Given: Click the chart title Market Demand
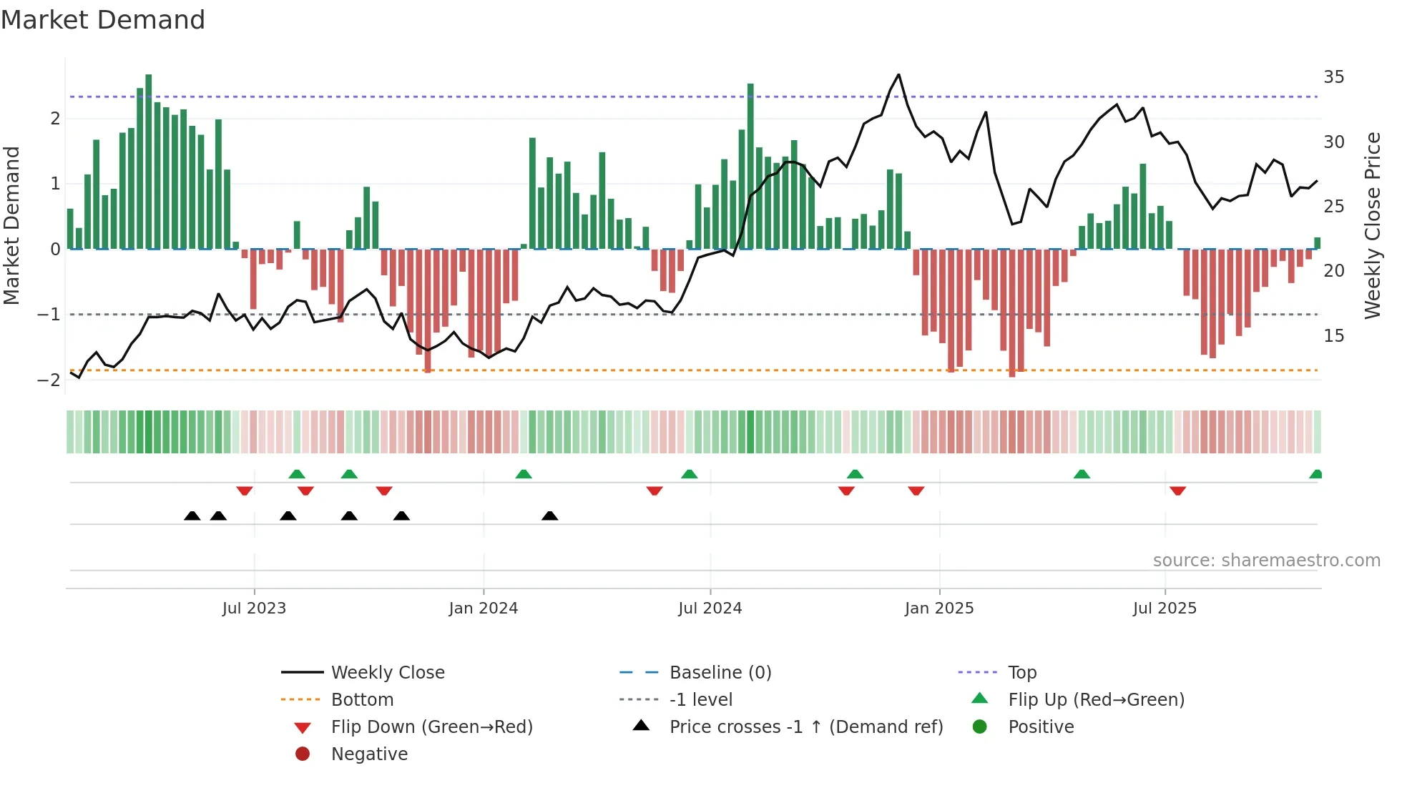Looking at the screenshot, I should point(103,20).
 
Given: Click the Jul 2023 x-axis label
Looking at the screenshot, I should point(254,609).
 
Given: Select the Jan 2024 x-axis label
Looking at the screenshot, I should point(483,609).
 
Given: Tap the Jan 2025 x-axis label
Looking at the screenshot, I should point(938,609).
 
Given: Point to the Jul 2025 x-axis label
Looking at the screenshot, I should point(1164,609).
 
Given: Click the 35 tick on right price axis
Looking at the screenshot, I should point(1333,77).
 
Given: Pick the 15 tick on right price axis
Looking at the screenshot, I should point(1333,336).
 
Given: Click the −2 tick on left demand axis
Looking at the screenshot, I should point(49,380).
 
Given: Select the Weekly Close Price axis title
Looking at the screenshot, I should point(1372,225).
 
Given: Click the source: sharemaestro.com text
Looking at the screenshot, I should point(1266,561).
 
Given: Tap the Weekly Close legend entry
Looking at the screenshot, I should point(387,673).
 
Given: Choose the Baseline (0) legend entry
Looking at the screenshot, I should point(720,673).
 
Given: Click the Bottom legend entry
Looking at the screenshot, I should point(362,700).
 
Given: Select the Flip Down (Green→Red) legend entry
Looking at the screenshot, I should point(431,727).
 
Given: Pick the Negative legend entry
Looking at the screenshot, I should point(369,754).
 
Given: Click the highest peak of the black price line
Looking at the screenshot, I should point(898,75).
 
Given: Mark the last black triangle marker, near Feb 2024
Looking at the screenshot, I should point(549,516).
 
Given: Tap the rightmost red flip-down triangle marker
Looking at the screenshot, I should point(1177,491).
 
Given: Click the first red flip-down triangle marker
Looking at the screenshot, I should point(245,491).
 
